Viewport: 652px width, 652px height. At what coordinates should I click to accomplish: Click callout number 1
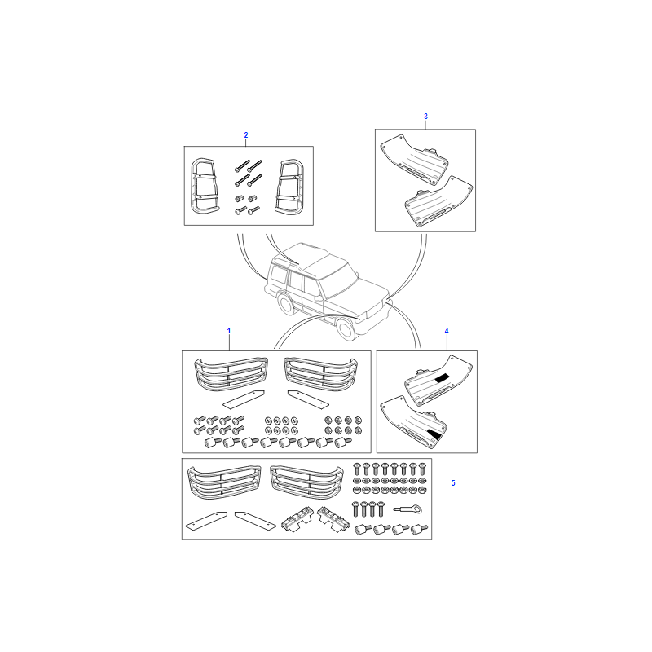[229, 331]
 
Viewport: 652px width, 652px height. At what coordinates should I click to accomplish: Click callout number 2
[246, 135]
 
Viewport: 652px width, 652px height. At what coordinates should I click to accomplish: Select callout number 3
[425, 117]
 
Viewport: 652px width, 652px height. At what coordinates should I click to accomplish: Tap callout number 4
[447, 331]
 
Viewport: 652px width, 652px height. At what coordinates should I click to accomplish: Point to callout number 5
[453, 482]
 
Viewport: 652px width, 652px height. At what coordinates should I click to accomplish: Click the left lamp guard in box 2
[205, 186]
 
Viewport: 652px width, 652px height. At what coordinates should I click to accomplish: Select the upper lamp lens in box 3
[414, 160]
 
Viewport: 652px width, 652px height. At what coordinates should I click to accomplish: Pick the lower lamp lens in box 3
[438, 201]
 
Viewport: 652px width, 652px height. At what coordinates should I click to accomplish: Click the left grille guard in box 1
[231, 374]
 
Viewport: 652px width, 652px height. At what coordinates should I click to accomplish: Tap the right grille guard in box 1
[320, 374]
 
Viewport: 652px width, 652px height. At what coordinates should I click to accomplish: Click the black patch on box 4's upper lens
[442, 378]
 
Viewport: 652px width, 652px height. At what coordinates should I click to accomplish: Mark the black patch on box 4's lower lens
[434, 434]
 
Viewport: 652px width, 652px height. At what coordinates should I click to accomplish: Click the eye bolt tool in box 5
[407, 509]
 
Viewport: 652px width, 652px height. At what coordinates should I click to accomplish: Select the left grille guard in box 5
[224, 482]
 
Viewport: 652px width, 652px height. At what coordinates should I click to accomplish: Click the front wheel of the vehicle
[346, 329]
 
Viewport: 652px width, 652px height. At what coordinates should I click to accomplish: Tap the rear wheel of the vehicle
[286, 304]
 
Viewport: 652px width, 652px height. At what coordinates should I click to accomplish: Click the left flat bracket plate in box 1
[243, 399]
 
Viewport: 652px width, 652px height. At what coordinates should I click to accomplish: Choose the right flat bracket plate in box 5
[255, 521]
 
